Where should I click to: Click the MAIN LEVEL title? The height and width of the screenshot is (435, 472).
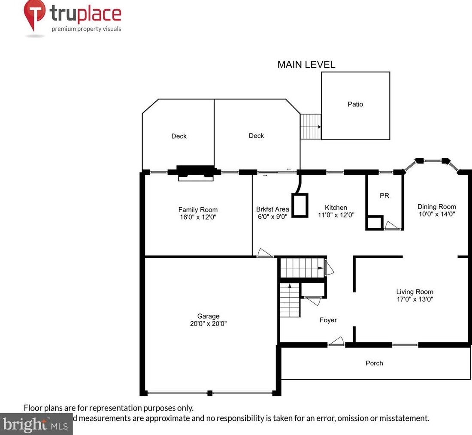coord(306,65)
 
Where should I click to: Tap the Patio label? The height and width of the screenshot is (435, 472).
coord(355,104)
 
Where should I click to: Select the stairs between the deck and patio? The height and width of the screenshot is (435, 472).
coord(310,127)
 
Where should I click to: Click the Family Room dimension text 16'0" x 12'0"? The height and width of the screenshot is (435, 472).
coord(198,217)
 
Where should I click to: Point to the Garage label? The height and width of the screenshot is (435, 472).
coord(209,316)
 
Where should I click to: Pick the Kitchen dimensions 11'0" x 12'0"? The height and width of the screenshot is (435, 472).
coord(336,214)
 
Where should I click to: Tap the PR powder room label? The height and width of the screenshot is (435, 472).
coord(384,195)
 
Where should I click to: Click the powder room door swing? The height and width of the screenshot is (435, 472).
coord(391,226)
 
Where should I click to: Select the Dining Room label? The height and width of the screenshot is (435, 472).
coord(437,206)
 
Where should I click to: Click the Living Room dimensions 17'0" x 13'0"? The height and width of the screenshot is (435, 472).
coord(415,299)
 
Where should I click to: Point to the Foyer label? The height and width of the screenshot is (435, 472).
coord(328,320)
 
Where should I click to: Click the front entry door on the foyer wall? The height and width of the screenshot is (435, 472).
coord(336,342)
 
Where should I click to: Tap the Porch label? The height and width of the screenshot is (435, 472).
coord(374,363)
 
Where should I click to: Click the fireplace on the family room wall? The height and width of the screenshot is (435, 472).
coord(196,172)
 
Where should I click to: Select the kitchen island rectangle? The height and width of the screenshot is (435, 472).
coord(300,205)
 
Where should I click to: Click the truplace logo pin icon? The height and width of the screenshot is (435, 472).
coord(35,14)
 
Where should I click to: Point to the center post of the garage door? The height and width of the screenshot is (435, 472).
coord(209,393)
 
